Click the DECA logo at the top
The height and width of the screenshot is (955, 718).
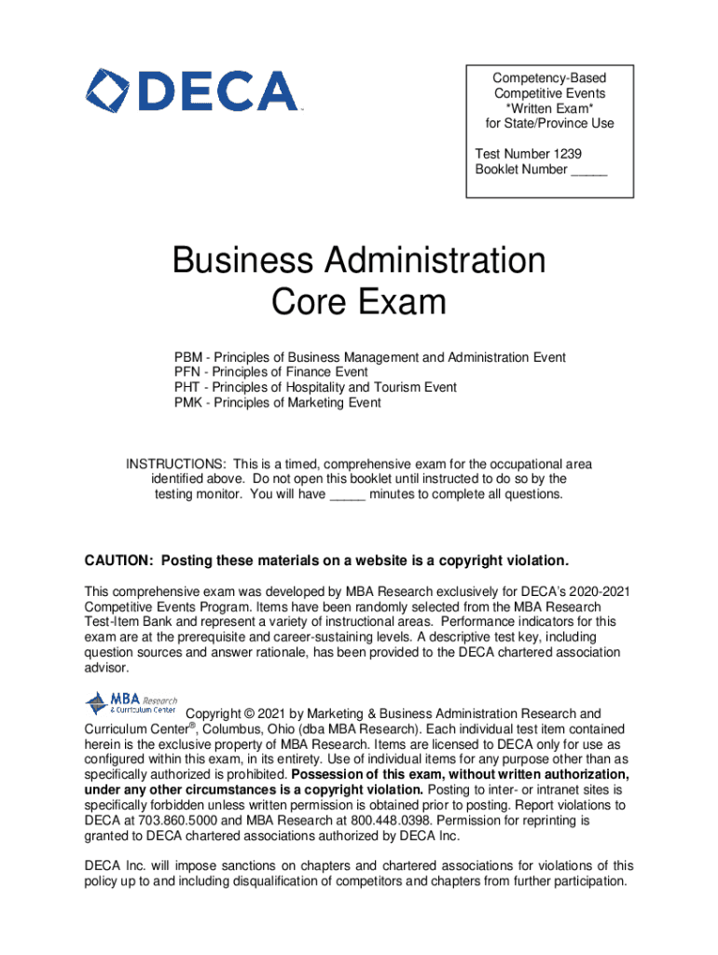(x=193, y=91)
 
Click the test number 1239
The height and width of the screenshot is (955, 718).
(x=570, y=154)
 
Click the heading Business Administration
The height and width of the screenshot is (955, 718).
(x=358, y=260)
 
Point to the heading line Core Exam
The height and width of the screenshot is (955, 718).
(x=358, y=302)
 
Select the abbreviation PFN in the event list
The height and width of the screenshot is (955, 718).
(x=187, y=372)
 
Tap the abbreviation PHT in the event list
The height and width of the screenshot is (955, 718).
(x=187, y=387)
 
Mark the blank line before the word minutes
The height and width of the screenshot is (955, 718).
(x=347, y=494)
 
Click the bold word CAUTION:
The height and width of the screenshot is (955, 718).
(x=119, y=561)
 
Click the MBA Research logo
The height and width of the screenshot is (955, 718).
(x=130, y=702)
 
